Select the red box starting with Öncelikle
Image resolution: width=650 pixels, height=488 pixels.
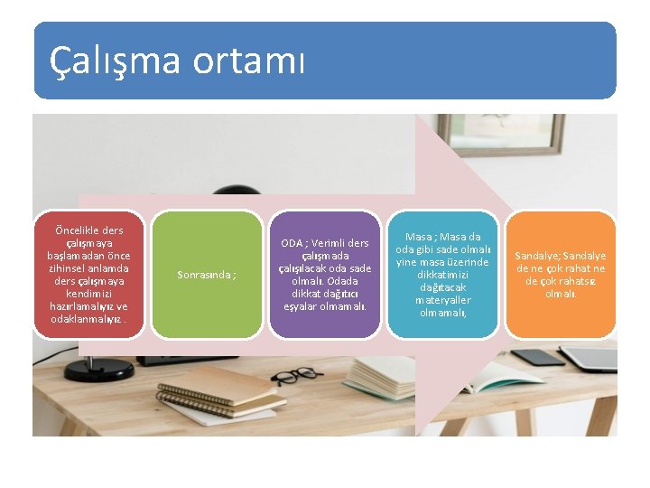coord(89,275)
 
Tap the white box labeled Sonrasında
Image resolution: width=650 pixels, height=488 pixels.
coord(207,275)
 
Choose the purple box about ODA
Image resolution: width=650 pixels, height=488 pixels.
coord(324,275)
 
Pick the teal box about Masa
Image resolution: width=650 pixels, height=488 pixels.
coord(442,275)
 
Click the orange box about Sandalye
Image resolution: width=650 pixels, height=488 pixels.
coord(560,275)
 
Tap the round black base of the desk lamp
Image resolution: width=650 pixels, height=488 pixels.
coord(98,369)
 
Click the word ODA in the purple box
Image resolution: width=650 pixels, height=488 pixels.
coord(292,243)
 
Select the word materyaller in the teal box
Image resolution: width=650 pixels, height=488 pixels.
coord(442,300)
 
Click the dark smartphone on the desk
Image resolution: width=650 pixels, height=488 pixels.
coord(543,356)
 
